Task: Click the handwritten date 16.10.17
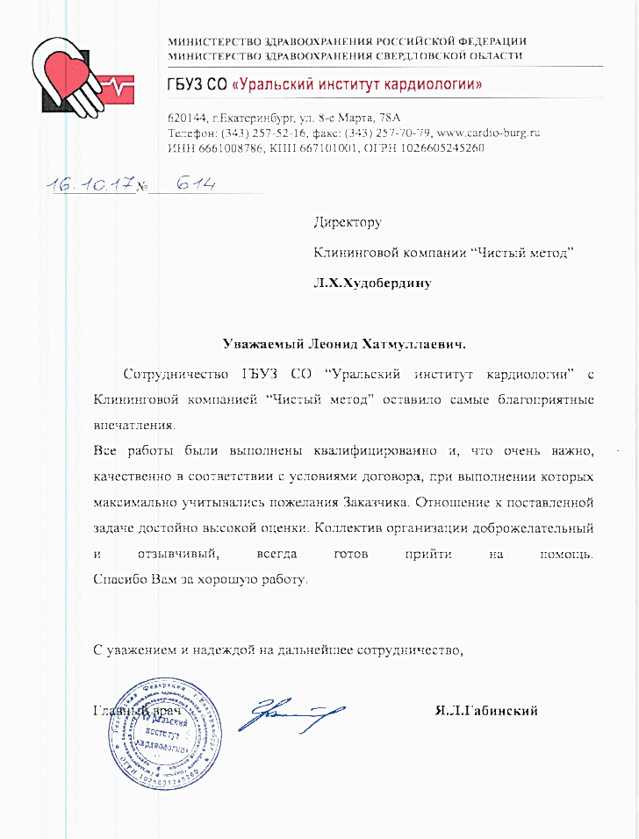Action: (90, 184)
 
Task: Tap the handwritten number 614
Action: (196, 183)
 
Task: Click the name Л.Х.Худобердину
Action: (373, 283)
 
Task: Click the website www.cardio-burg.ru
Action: (494, 133)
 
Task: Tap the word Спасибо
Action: (117, 580)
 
